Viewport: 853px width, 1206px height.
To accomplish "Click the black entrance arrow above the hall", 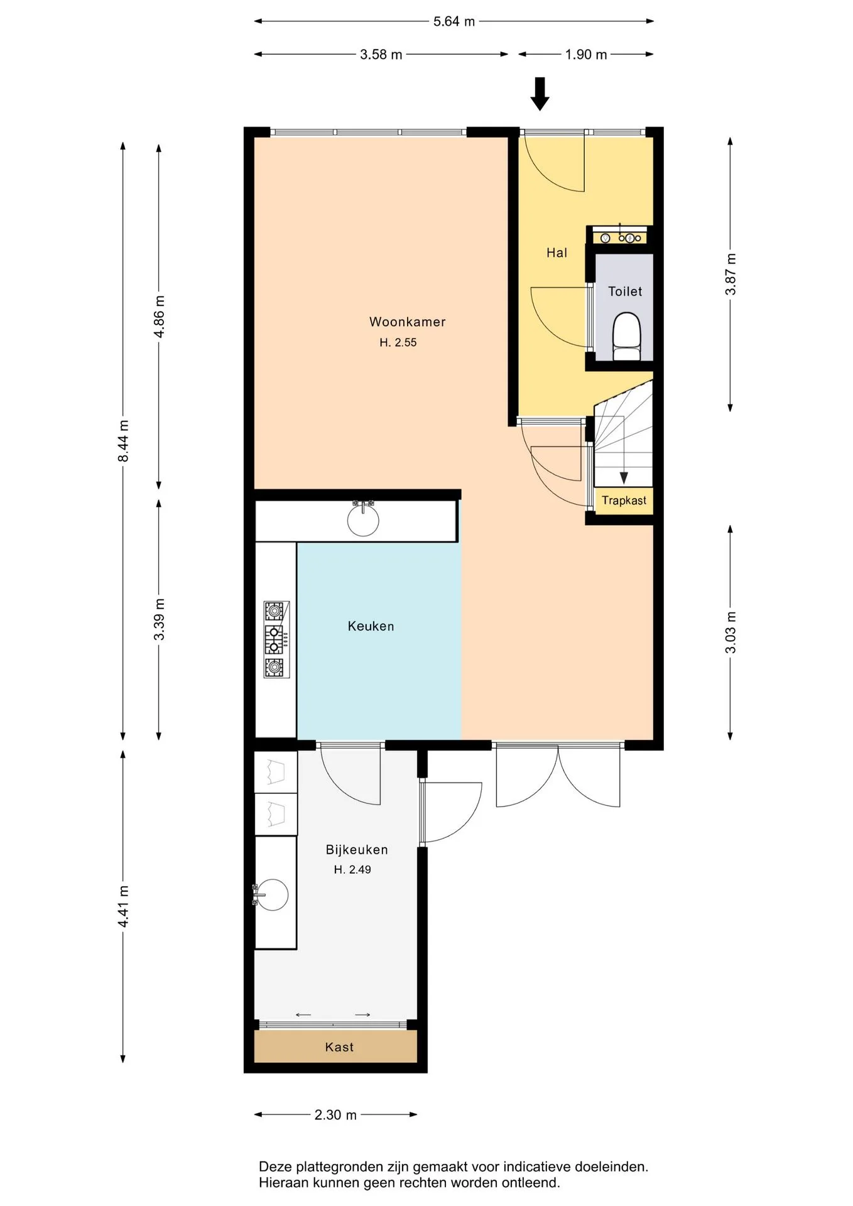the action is click(x=540, y=94).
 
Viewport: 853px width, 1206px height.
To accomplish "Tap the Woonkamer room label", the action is click(x=407, y=322).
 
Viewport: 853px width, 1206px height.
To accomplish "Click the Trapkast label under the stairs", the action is click(x=624, y=501).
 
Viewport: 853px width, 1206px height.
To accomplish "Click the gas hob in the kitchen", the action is click(x=276, y=639).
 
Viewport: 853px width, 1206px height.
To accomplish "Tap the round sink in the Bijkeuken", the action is click(x=272, y=894).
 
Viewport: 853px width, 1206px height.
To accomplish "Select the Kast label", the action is click(x=339, y=1047).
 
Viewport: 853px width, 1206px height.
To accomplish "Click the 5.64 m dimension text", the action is click(x=454, y=21).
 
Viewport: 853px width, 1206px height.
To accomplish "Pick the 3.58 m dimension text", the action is click(x=381, y=55).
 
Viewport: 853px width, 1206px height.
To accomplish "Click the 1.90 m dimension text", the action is click(x=586, y=55).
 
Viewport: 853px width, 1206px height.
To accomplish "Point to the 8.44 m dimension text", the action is click(x=123, y=441).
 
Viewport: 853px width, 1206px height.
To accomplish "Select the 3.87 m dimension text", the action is click(x=731, y=274).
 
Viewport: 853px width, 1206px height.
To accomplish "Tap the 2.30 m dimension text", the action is click(x=335, y=1115).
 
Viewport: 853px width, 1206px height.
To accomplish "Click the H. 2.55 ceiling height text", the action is click(x=398, y=343).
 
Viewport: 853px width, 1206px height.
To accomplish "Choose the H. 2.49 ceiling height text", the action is click(x=352, y=870).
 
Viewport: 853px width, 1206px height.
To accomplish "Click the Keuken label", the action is click(x=371, y=626).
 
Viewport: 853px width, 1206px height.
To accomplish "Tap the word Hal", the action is click(x=557, y=253).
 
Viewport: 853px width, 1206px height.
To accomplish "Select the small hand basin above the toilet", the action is click(x=620, y=237).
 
